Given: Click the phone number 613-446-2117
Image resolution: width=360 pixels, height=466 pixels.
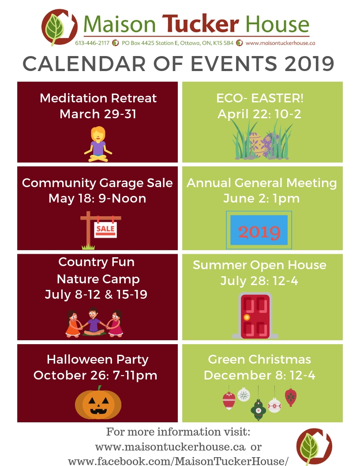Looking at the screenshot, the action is point(92,43).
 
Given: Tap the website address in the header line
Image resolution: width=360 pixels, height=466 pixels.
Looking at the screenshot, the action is point(280,43).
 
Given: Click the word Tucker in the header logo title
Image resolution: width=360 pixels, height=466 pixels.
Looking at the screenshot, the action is point(200,24).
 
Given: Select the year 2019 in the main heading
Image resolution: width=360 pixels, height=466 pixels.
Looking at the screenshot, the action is point(309,64).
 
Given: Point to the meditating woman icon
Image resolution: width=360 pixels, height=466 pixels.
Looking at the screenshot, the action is point(98,144).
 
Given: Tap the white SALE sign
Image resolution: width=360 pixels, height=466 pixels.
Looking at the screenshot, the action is point(105,229).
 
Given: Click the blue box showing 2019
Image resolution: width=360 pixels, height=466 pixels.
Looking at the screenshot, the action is point(259,230).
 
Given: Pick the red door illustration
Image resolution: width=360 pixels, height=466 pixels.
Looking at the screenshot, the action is point(255,316).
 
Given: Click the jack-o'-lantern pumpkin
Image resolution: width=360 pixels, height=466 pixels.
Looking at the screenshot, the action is point(98,403).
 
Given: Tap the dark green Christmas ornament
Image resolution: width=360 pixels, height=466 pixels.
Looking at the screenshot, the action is point(259,410).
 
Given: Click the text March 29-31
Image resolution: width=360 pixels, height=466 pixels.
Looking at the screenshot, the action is point(98,114).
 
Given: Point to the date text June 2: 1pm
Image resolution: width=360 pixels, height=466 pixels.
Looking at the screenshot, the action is point(261,199).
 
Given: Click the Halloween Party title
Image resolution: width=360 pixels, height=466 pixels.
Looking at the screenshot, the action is point(97,360).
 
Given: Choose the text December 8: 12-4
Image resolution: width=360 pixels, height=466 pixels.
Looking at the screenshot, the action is point(259,376).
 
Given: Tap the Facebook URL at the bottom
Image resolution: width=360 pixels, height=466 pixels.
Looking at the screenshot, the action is point(178,461).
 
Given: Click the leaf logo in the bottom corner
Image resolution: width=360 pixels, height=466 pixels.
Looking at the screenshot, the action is point(314,447).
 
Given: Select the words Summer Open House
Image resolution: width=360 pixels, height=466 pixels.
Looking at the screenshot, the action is point(259,265).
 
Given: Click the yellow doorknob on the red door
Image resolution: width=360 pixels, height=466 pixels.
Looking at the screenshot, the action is point(247,317).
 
